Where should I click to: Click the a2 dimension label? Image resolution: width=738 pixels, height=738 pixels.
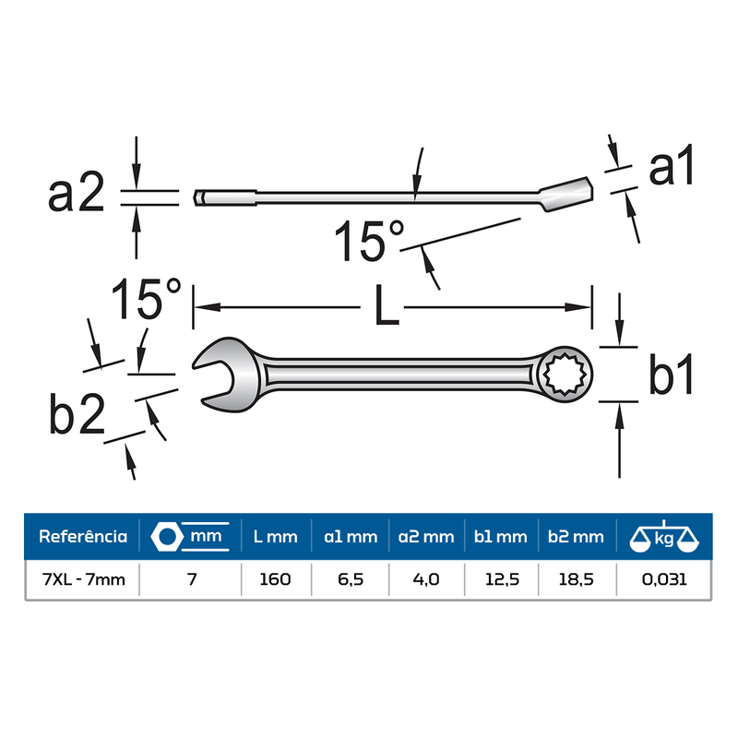(77, 192)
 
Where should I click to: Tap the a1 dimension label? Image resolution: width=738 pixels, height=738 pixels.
(672, 165)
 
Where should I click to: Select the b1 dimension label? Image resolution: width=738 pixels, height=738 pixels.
(672, 374)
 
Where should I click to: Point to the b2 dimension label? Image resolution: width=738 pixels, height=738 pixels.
(77, 413)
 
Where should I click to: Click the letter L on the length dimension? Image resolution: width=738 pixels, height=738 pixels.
(387, 305)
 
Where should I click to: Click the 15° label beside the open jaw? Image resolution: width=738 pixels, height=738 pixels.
(146, 299)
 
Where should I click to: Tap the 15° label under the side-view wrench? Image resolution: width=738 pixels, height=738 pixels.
(369, 240)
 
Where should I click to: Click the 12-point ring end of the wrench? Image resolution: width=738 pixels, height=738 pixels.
(565, 375)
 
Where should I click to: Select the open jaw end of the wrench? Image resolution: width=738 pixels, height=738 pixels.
(226, 375)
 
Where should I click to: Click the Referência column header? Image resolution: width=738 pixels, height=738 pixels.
(83, 537)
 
